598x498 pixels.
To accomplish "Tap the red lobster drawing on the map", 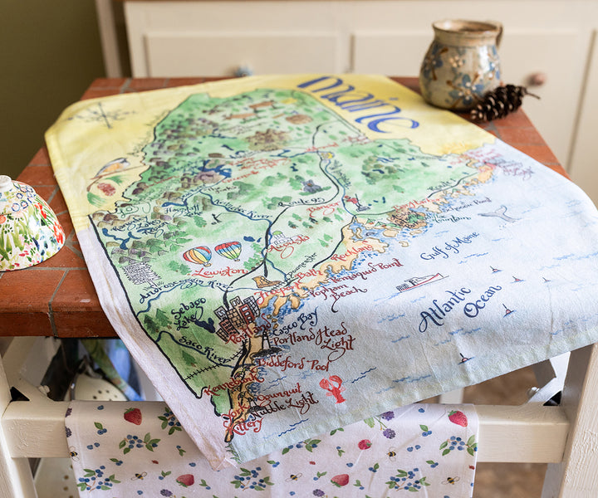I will coord(332,388).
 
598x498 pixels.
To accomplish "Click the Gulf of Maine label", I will coord(448,247).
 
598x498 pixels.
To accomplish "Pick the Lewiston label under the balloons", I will coord(218,271).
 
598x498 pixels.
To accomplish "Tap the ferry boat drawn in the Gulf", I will coord(419,282).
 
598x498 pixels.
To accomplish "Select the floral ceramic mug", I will coord(460,63).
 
